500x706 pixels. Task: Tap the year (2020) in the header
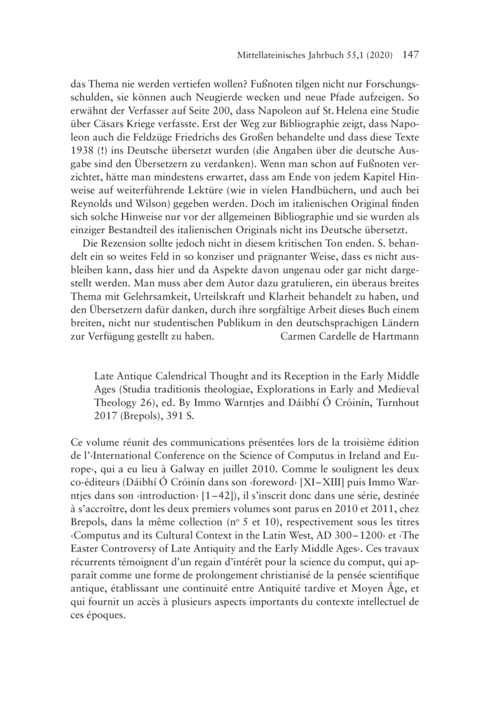(375, 56)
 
